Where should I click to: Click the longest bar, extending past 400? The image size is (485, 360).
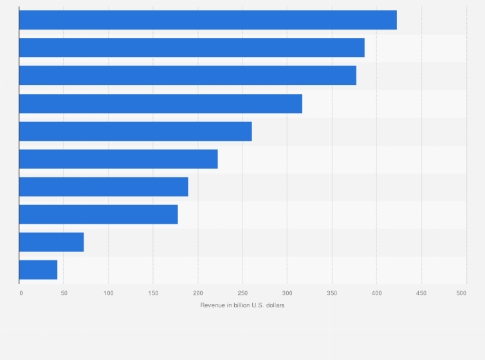pyautogui.click(x=208, y=20)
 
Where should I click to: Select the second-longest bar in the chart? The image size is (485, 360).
pyautogui.click(x=192, y=48)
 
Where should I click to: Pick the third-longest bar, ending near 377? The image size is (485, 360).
pyautogui.click(x=188, y=75)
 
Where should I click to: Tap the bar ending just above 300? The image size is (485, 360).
pyautogui.click(x=161, y=104)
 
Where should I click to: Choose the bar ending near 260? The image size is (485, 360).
pyautogui.click(x=136, y=131)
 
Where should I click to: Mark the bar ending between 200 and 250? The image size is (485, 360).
pyautogui.click(x=118, y=159)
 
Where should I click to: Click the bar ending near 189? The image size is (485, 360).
pyautogui.click(x=104, y=186)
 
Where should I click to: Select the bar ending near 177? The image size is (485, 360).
pyautogui.click(x=98, y=214)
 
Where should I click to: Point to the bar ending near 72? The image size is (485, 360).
pyautogui.click(x=51, y=242)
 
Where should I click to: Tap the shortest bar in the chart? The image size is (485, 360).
pyautogui.click(x=39, y=269)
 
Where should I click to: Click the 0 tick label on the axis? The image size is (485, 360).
pyautogui.click(x=21, y=293)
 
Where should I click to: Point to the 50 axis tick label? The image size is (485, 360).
pyautogui.click(x=64, y=293)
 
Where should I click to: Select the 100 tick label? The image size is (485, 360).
pyautogui.click(x=108, y=293)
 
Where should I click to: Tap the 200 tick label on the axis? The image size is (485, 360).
pyautogui.click(x=197, y=293)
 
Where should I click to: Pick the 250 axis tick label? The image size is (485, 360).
pyautogui.click(x=243, y=293)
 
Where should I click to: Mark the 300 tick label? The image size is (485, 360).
pyautogui.click(x=287, y=293)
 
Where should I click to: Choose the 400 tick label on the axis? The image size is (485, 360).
pyautogui.click(x=376, y=293)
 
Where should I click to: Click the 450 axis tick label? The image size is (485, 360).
pyautogui.click(x=421, y=293)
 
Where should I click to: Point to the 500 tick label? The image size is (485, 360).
pyautogui.click(x=461, y=293)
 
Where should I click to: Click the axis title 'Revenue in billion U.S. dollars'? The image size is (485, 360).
pyautogui.click(x=243, y=305)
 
